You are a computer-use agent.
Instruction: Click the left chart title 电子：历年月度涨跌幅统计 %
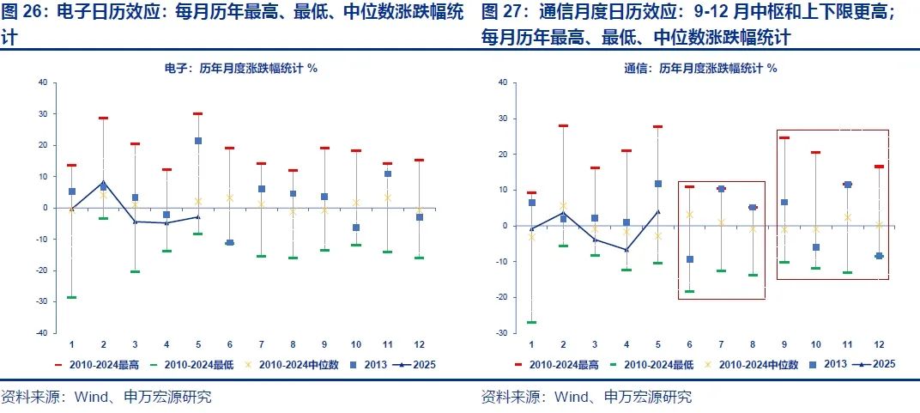(241, 68)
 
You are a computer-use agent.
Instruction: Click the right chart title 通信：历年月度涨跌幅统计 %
(700, 68)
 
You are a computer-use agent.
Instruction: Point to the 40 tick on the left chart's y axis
(41, 82)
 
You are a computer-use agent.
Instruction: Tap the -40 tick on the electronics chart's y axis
(39, 332)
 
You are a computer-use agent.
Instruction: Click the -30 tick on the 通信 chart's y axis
(501, 332)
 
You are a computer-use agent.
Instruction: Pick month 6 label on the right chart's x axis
(690, 344)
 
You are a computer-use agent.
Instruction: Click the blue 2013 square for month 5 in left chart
(198, 141)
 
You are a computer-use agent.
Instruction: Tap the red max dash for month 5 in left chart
(198, 113)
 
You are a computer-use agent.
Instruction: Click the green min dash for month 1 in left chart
(72, 297)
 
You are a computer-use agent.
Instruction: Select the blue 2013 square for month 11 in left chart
(388, 173)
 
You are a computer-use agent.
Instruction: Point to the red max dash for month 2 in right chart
(564, 125)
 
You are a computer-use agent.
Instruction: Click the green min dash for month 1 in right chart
(532, 322)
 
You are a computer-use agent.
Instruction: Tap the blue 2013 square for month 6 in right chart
(690, 259)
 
